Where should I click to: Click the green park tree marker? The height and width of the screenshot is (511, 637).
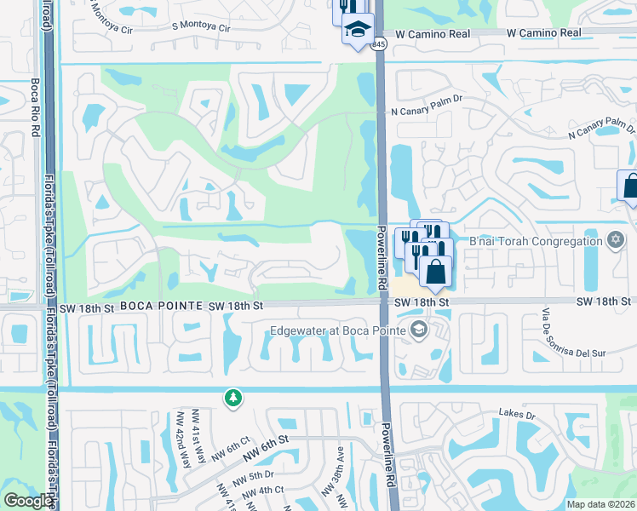[x=232, y=398]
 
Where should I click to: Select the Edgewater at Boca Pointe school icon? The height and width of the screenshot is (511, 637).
[x=418, y=330]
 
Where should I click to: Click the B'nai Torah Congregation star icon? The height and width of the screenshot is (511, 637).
[x=616, y=241]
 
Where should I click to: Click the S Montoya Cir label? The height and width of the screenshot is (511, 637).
[x=201, y=28]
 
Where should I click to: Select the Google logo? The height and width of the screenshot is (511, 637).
[x=27, y=501]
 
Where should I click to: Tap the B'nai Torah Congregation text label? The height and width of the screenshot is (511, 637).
[x=536, y=241]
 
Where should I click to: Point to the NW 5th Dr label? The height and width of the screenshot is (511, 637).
[x=257, y=474]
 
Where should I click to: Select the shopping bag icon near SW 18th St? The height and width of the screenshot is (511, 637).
[x=434, y=273]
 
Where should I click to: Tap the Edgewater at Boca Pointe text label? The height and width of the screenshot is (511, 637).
[x=338, y=330]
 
